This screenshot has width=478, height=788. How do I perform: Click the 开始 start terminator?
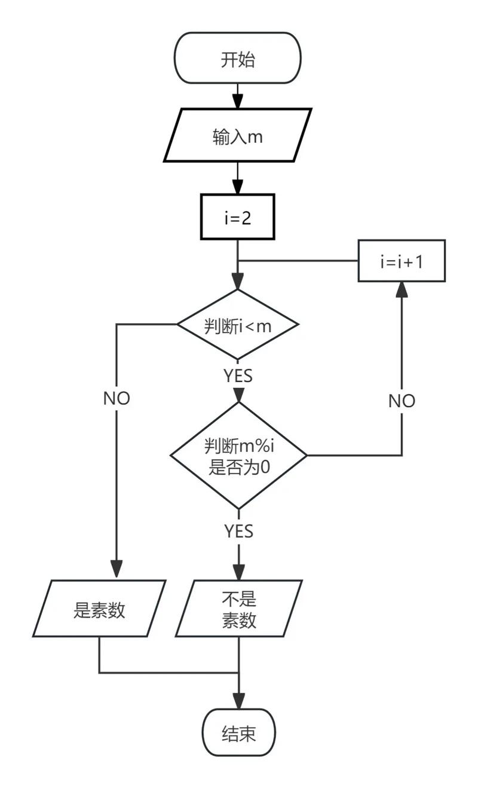pyautogui.click(x=238, y=59)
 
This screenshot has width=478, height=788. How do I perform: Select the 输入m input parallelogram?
pyautogui.click(x=238, y=135)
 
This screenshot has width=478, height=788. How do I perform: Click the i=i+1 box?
pyautogui.click(x=402, y=261)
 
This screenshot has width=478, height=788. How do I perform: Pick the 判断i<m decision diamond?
pyautogui.click(x=238, y=325)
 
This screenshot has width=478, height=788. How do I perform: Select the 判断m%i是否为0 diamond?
pyautogui.click(x=238, y=456)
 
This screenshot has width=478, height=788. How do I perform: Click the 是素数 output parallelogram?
pyautogui.click(x=99, y=609)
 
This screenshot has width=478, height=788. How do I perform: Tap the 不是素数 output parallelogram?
pyautogui.click(x=238, y=609)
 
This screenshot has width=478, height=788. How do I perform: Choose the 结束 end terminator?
pyautogui.click(x=238, y=733)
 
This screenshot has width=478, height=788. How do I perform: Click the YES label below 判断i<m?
pyautogui.click(x=238, y=376)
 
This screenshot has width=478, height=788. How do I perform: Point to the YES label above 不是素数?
pyautogui.click(x=238, y=531)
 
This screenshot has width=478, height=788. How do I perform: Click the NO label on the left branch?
pyautogui.click(x=117, y=398)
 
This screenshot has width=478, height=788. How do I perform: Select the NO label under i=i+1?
pyautogui.click(x=402, y=401)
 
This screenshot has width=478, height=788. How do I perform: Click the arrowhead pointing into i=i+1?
pyautogui.click(x=402, y=290)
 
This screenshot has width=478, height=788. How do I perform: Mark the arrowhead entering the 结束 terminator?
pyautogui.click(x=238, y=700)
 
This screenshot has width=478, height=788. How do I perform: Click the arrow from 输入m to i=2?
pyautogui.click(x=238, y=178)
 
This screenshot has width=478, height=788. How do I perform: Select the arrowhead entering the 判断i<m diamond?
pyautogui.click(x=238, y=281)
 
